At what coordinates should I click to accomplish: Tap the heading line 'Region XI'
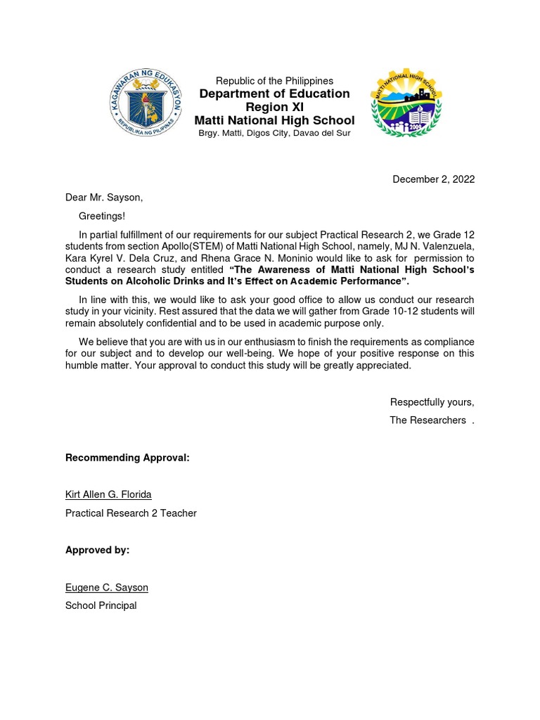(x=274, y=108)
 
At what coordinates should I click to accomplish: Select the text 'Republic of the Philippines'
(x=274, y=81)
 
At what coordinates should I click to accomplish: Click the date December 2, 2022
(x=433, y=179)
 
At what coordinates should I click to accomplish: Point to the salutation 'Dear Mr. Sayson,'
(x=104, y=198)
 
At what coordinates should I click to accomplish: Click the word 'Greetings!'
(x=101, y=217)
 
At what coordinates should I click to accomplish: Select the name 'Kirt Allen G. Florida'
(x=108, y=494)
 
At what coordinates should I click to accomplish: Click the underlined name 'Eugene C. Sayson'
(x=107, y=587)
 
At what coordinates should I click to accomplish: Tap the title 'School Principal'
(x=101, y=605)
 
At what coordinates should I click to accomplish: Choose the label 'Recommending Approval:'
(x=127, y=458)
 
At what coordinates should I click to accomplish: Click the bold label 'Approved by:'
(x=97, y=550)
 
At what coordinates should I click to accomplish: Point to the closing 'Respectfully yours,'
(x=432, y=402)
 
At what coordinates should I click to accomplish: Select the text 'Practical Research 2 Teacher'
(x=131, y=513)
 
